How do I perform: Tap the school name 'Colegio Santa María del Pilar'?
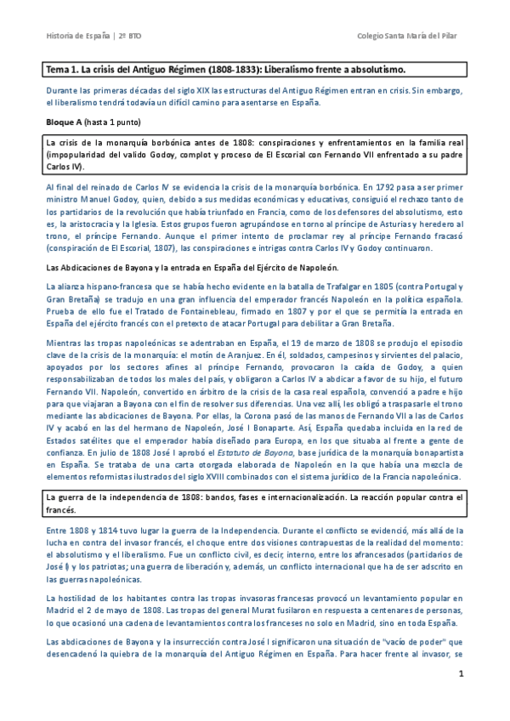(411, 37)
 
